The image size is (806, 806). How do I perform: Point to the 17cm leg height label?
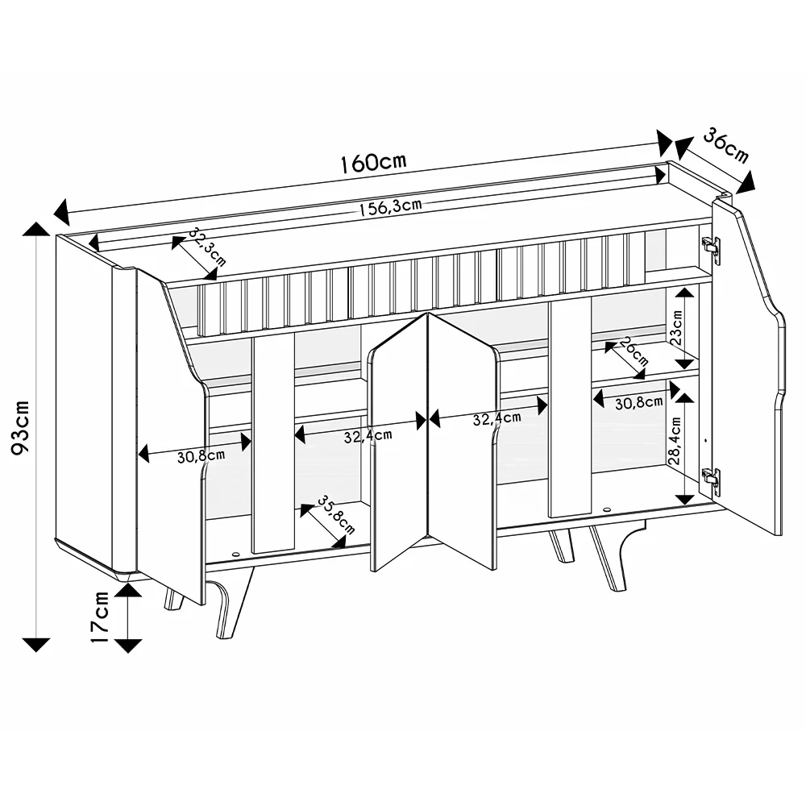[x=100, y=617]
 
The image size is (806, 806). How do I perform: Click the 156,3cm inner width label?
[x=390, y=207]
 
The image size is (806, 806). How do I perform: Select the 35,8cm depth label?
[x=335, y=515]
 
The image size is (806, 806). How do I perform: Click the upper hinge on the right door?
[x=710, y=249]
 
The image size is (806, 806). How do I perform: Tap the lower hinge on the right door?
[x=710, y=481]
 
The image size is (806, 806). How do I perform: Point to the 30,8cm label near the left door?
[x=201, y=456]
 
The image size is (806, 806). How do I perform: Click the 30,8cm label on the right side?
[x=638, y=403]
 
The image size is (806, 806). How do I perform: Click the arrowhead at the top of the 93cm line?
[x=36, y=229]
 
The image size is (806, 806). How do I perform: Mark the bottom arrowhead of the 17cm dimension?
[x=127, y=645]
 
